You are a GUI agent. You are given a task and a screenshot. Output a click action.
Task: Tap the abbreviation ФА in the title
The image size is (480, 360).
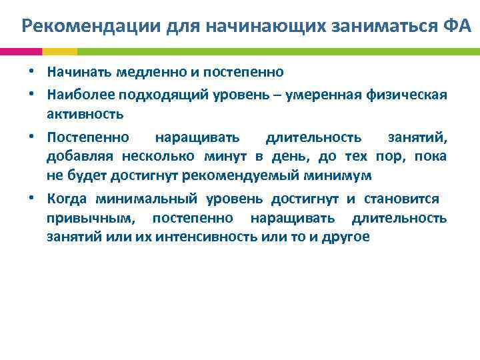tap(456, 27)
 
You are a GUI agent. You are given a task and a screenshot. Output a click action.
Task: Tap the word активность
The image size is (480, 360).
tap(85, 114)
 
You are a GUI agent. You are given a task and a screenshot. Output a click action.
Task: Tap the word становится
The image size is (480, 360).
tap(401, 198)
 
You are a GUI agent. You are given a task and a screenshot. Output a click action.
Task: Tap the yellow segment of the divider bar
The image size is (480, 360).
tap(60, 51)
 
